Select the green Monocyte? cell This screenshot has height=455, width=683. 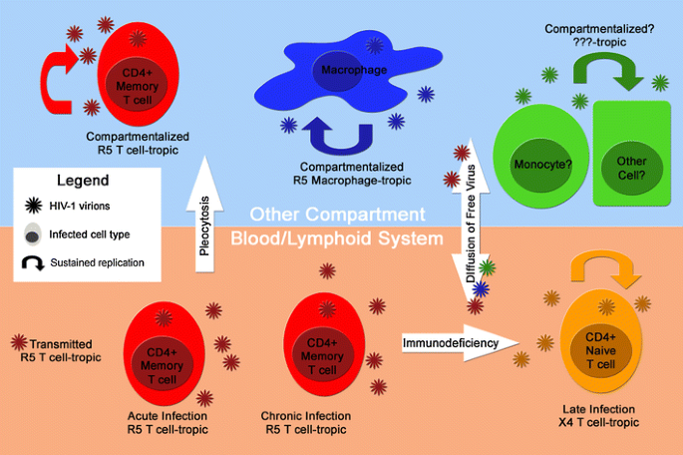click(538, 155)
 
